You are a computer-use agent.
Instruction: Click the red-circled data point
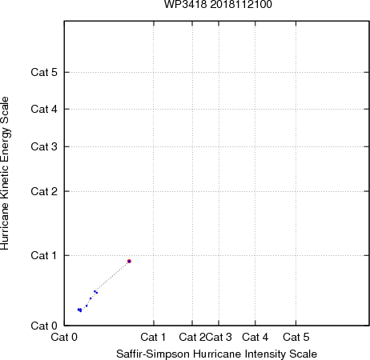[129, 261]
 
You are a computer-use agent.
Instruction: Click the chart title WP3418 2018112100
[218, 4]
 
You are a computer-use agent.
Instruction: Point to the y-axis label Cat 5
[44, 72]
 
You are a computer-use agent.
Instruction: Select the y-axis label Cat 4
[44, 109]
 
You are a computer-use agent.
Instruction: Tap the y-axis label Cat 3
[44, 146]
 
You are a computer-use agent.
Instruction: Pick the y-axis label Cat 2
[44, 191]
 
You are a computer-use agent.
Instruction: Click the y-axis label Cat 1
[44, 255]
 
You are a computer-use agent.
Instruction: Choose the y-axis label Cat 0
[44, 326]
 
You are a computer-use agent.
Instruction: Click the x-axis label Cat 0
[64, 337]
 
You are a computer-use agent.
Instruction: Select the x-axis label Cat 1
[153, 337]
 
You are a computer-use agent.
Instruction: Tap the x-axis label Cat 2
[192, 337]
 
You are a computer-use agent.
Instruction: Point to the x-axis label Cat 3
[219, 337]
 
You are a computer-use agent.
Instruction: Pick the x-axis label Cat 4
[255, 337]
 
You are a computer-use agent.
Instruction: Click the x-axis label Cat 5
[296, 337]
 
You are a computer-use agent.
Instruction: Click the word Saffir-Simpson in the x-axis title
[153, 354]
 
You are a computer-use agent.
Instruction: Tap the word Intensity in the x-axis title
[265, 354]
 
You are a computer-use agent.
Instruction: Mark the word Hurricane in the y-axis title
[5, 226]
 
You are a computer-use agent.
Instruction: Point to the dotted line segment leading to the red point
[112, 276]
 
